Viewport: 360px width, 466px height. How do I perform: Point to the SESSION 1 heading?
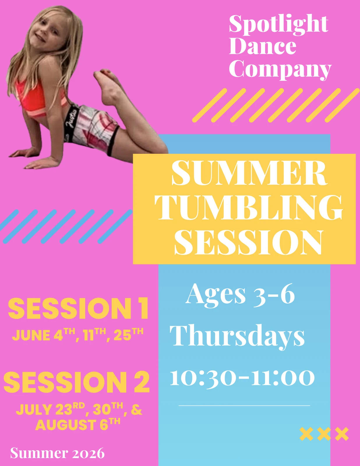coord(78,308)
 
